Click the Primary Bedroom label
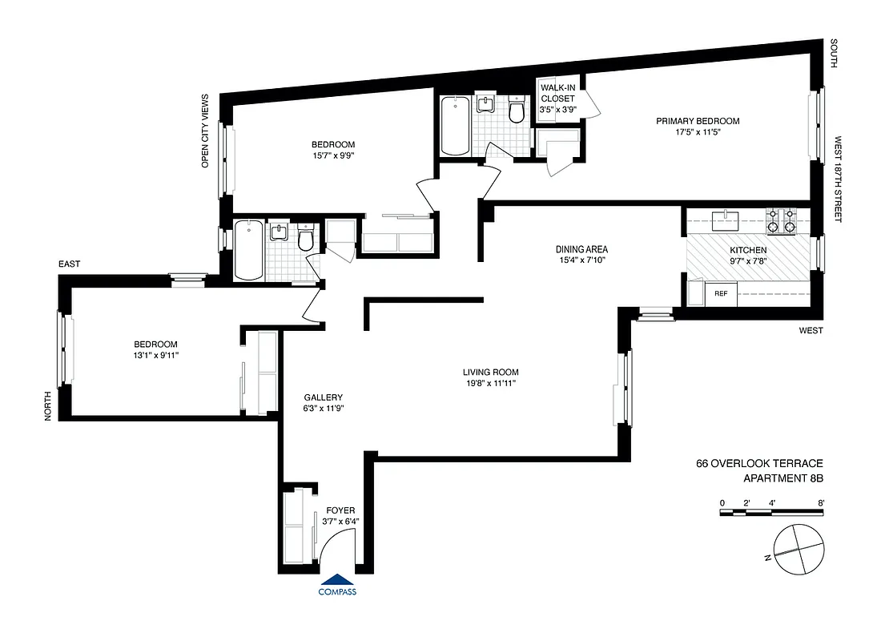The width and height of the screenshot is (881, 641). pyautogui.click(x=697, y=121)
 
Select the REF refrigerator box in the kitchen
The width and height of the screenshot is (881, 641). pyautogui.click(x=721, y=294)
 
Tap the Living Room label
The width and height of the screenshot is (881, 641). pyautogui.click(x=490, y=372)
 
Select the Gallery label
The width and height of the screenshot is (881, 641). pyautogui.click(x=323, y=397)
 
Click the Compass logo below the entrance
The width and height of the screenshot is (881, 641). pyautogui.click(x=337, y=587)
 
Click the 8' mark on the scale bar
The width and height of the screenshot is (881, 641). pyautogui.click(x=821, y=502)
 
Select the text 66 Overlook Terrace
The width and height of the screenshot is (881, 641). pyautogui.click(x=759, y=464)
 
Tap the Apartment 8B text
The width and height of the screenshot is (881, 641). pyautogui.click(x=783, y=479)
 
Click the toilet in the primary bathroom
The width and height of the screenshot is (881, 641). pyautogui.click(x=517, y=111)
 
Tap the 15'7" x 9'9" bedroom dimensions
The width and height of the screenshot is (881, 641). pyautogui.click(x=333, y=155)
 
